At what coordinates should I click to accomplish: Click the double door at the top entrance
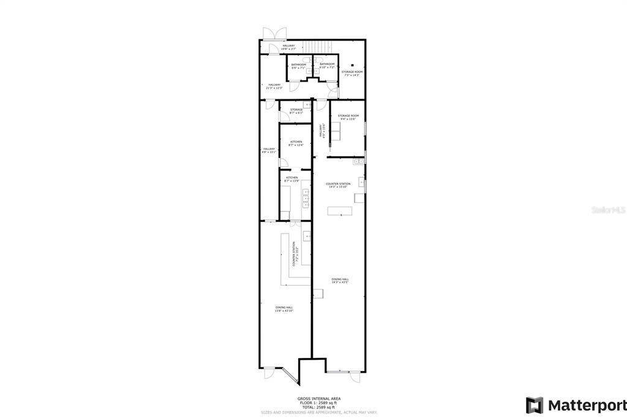click(270, 33)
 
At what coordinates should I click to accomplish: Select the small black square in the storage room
click(353, 64)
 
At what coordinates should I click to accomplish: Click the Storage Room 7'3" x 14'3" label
click(352, 74)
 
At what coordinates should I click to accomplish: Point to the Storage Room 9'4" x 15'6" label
click(348, 117)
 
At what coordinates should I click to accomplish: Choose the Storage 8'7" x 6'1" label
click(296, 111)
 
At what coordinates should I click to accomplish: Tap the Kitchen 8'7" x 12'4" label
click(296, 143)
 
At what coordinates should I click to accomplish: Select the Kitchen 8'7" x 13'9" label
click(291, 179)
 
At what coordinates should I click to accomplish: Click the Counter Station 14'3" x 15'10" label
click(338, 185)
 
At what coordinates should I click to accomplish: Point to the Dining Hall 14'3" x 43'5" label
click(340, 281)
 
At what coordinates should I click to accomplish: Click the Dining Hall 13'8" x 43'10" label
click(283, 310)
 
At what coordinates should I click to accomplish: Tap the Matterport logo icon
click(534, 405)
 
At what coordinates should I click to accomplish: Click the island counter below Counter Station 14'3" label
click(340, 211)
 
